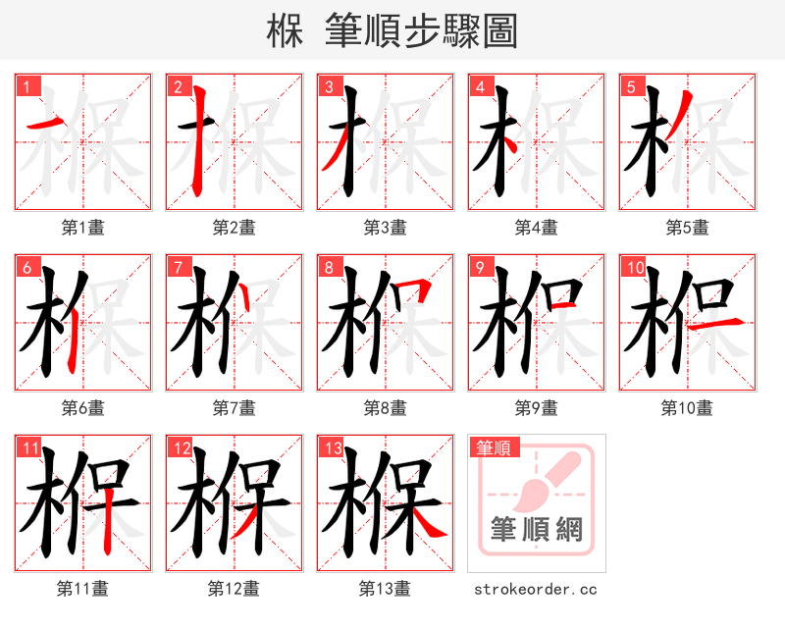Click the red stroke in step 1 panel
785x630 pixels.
[x=45, y=123]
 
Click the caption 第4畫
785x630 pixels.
[x=536, y=228]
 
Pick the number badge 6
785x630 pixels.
[x=26, y=266]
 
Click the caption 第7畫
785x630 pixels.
[x=234, y=408]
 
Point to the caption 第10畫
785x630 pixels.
[x=687, y=408]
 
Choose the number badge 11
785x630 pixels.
[x=28, y=448]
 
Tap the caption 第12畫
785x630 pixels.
[x=234, y=589]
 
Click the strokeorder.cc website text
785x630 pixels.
[x=536, y=590]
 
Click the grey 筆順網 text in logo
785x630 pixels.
[x=536, y=530]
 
